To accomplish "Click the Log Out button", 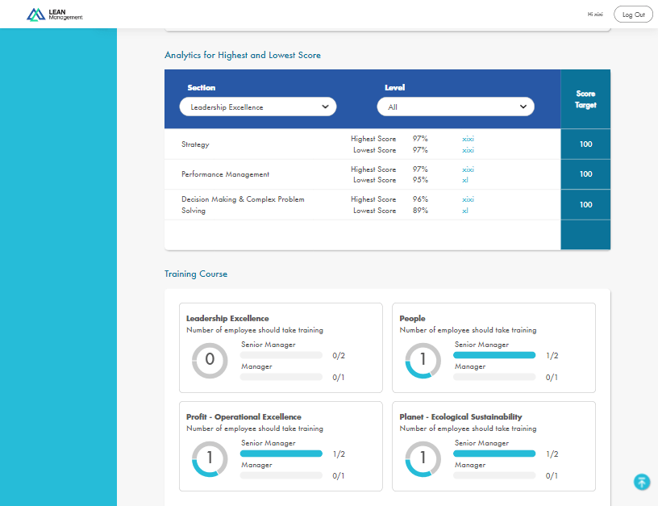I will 633,15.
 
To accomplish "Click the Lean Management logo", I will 54,15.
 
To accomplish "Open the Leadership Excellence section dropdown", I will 257,107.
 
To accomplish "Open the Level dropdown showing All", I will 456,107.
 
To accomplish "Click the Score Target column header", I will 585,99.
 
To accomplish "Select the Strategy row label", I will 195,144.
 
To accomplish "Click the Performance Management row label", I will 225,174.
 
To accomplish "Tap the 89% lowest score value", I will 420,211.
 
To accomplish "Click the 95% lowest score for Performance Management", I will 420,180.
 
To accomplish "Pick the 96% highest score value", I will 420,199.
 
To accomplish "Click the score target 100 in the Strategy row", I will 585,144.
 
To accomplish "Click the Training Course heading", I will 196,274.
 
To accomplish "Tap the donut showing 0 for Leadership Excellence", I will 210,361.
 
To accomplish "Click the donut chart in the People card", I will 423,361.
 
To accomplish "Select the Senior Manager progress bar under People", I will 494,355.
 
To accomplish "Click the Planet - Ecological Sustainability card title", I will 460,417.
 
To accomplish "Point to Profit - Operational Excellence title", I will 244,417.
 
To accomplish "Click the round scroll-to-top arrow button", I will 642,482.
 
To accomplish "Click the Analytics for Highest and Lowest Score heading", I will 242,56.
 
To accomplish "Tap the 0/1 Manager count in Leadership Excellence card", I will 339,377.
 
